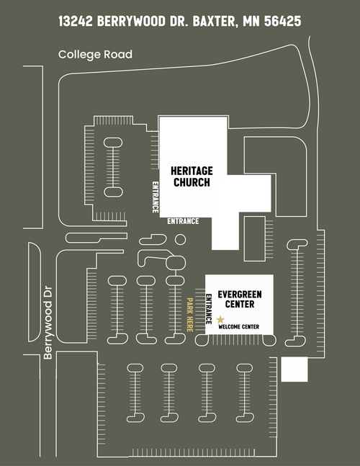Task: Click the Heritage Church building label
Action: point(192,176)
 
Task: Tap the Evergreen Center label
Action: point(240,300)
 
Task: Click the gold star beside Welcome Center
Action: point(220,320)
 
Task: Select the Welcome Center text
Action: point(239,327)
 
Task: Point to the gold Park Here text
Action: point(190,315)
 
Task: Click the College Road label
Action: point(95,55)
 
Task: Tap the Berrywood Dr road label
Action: point(48,323)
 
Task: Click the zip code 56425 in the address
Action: point(282,21)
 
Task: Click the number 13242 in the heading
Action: point(76,21)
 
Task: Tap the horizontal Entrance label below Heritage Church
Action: point(183,221)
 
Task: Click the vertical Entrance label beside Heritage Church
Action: point(156,197)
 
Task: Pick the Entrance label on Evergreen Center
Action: point(209,309)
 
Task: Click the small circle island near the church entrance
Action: point(180,239)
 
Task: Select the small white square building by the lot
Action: point(294,369)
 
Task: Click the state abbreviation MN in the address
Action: point(251,21)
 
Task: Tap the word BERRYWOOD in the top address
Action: point(131,21)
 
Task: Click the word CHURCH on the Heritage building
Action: point(192,182)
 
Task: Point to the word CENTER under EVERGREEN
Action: point(240,305)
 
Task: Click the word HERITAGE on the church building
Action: point(192,171)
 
